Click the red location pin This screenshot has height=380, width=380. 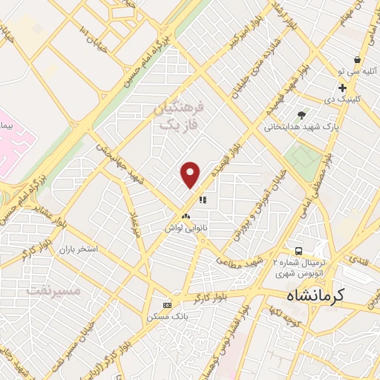point(191,174)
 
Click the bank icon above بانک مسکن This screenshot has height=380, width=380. point(167,305)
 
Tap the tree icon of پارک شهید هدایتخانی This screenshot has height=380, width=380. point(301,114)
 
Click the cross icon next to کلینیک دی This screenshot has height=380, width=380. point(342,88)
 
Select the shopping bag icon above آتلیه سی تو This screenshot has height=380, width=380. point(358,59)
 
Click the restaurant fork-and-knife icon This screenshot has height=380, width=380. point(203,198)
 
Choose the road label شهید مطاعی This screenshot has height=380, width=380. point(239,261)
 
